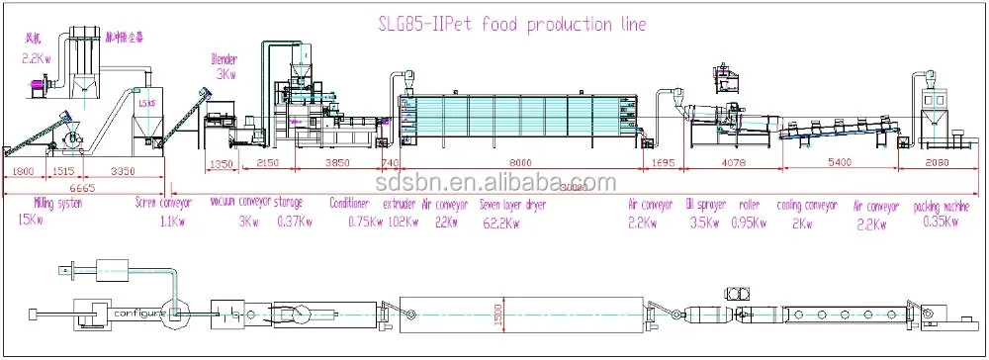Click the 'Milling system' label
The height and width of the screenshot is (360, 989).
(45, 203)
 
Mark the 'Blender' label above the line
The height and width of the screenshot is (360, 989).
(225, 58)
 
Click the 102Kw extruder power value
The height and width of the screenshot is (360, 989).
(402, 223)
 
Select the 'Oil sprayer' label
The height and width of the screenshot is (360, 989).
(706, 206)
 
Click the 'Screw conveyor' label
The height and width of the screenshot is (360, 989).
(164, 203)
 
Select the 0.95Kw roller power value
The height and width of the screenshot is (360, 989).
(749, 223)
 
